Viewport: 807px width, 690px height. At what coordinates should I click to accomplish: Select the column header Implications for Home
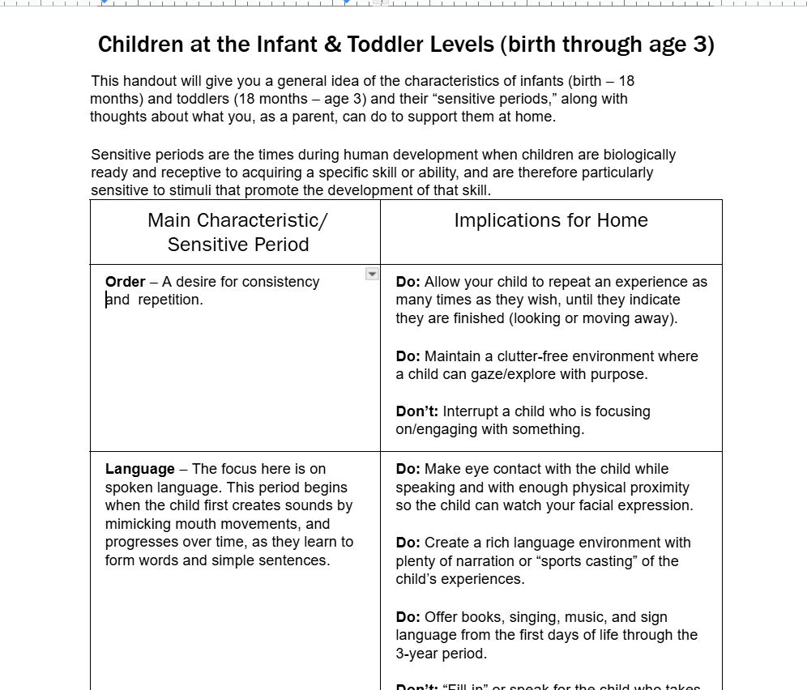(x=551, y=220)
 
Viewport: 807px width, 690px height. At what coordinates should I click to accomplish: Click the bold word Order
(x=125, y=282)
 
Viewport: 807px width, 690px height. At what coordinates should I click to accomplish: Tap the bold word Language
(x=139, y=469)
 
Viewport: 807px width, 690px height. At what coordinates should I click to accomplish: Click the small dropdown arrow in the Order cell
(x=372, y=275)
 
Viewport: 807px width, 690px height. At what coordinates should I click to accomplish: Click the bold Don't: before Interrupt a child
(x=417, y=411)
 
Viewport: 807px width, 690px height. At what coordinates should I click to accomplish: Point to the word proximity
(x=656, y=488)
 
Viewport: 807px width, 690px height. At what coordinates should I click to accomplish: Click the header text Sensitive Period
(x=238, y=245)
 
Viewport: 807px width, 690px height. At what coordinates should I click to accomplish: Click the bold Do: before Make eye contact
(x=408, y=469)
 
